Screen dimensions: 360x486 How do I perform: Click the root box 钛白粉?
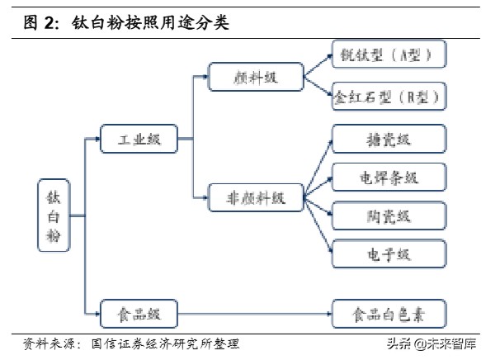click(x=52, y=216)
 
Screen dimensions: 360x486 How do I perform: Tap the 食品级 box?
click(x=139, y=314)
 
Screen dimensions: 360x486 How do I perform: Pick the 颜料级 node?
click(x=255, y=77)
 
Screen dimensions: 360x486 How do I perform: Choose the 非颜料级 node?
click(x=255, y=198)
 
